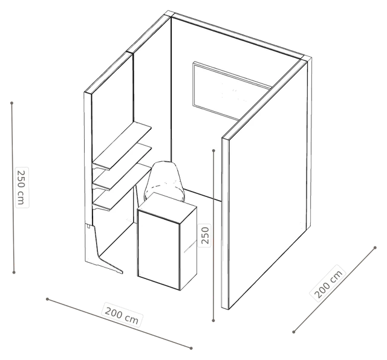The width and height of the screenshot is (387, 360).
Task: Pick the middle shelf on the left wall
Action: [122, 167]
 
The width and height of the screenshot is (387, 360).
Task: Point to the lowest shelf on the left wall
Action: [122, 187]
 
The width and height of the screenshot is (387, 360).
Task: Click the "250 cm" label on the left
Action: [22, 187]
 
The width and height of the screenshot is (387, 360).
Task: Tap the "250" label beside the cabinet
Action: [205, 236]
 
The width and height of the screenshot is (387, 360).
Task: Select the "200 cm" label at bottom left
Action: [122, 315]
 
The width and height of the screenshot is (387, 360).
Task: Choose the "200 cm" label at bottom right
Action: [328, 283]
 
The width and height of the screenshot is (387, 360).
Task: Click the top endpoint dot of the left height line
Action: [11, 103]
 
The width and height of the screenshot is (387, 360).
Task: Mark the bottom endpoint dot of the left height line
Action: [14, 272]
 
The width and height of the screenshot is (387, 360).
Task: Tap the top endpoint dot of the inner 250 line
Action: [213, 150]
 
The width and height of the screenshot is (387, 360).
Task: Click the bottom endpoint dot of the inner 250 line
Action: [213, 320]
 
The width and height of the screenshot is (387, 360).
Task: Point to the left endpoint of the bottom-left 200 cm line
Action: [47, 299]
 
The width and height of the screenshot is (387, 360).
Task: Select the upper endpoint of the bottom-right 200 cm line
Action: [375, 248]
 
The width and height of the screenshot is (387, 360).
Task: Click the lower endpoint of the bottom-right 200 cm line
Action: [294, 332]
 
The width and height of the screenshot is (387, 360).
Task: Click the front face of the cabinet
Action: [158, 249]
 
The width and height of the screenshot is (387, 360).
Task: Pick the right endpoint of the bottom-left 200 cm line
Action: [191, 348]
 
